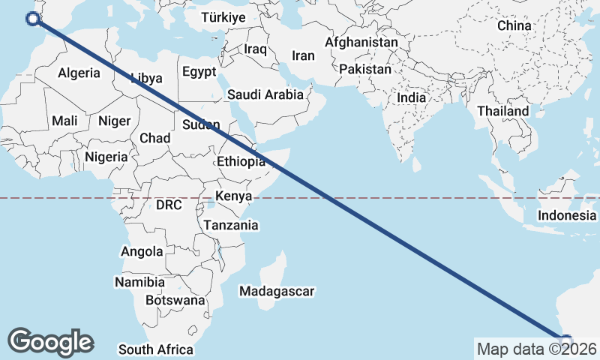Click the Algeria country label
click(x=79, y=73)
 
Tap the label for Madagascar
click(x=276, y=290)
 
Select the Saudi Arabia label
click(x=265, y=94)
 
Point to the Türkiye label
click(x=223, y=17)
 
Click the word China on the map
click(x=514, y=25)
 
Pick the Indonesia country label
click(x=566, y=215)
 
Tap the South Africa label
click(x=155, y=349)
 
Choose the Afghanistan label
click(x=361, y=43)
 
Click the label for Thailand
click(x=502, y=111)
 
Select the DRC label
click(x=169, y=205)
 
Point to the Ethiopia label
click(x=241, y=161)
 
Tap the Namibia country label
click(x=139, y=282)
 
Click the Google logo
click(x=50, y=342)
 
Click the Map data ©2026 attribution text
click(x=536, y=349)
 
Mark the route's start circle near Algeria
click(x=32, y=19)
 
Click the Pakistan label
click(x=365, y=69)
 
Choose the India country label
click(x=412, y=97)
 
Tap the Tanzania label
click(x=231, y=225)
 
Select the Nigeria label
click(x=106, y=157)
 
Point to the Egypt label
click(x=199, y=72)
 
